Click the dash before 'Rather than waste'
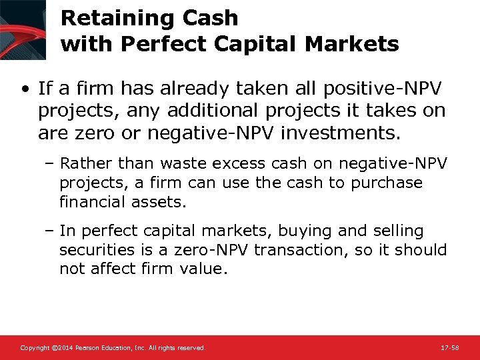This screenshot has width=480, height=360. pyautogui.click(x=51, y=163)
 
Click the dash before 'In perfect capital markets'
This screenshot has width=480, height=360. pyautogui.click(x=51, y=231)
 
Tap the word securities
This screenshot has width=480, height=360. pyautogui.click(x=95, y=250)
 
